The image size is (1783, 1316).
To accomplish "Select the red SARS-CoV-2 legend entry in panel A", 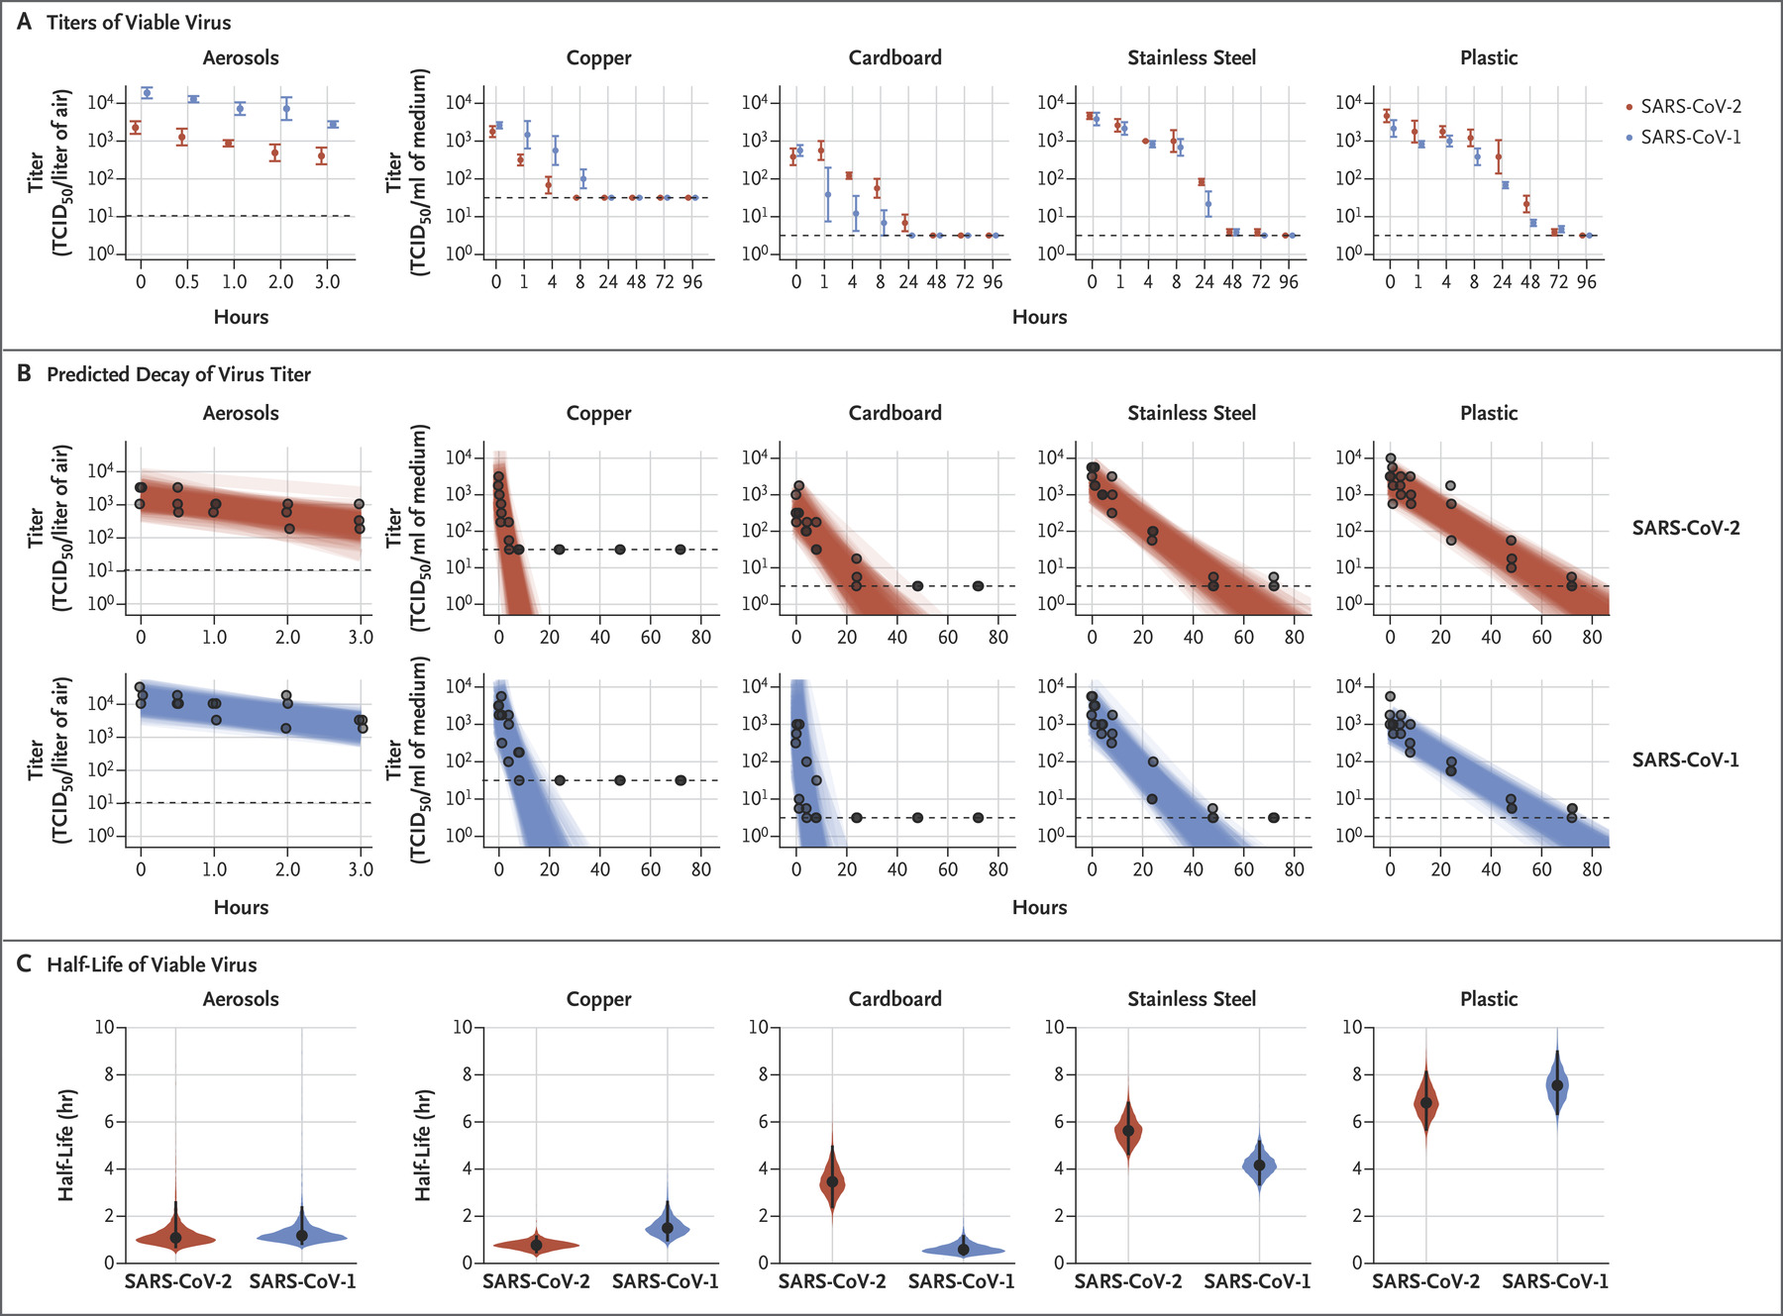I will tap(1683, 106).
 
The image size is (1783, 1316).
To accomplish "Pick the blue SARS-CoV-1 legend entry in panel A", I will tap(1683, 137).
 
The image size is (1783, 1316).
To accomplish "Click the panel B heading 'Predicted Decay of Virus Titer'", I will tap(178, 374).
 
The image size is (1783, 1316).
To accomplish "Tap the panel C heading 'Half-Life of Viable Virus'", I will tap(152, 964).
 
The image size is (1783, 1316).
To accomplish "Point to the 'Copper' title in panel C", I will tap(598, 999).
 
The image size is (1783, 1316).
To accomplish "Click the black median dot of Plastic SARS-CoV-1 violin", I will tap(1557, 1085).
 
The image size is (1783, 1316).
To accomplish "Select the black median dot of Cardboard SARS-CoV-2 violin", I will tap(832, 1181).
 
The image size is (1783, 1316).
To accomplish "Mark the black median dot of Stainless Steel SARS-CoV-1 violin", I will tap(1259, 1165).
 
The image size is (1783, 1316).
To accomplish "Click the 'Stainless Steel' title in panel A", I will tap(1192, 57).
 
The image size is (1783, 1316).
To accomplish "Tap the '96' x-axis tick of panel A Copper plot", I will tap(692, 282).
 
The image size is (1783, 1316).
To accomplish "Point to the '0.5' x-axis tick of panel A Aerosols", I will tap(186, 282).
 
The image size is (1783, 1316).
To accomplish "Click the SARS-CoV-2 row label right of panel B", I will tap(1685, 528).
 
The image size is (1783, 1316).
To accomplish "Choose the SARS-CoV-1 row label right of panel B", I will tap(1685, 759).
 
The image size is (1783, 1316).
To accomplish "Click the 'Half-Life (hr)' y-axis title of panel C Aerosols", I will tap(66, 1145).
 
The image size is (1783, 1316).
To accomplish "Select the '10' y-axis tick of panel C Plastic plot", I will tap(1352, 1027).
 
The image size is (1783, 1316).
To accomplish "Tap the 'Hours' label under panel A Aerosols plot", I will tap(241, 317).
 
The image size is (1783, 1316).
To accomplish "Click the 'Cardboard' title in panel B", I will tap(894, 413).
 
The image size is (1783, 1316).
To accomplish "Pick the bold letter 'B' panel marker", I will tap(25, 374).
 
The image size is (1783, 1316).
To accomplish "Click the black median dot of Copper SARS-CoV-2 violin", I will tap(536, 1245).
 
